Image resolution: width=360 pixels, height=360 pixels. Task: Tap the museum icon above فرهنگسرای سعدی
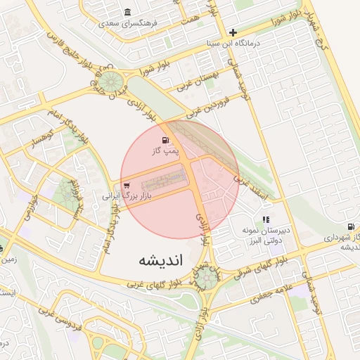[127, 12]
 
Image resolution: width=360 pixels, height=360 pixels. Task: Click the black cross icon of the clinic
[233, 32]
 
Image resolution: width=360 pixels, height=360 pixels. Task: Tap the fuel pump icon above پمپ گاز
[166, 140]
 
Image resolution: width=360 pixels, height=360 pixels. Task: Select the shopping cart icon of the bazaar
[126, 186]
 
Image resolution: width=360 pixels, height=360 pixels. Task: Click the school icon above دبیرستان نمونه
[265, 220]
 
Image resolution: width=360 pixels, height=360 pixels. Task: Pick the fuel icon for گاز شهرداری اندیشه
[350, 227]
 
